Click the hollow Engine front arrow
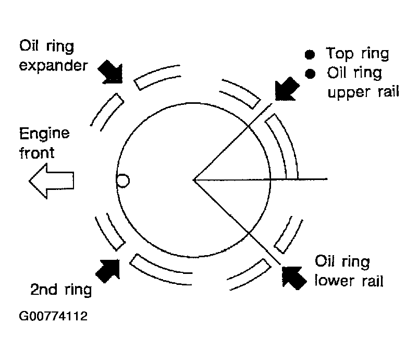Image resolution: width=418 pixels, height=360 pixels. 51,181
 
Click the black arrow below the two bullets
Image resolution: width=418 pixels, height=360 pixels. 287,89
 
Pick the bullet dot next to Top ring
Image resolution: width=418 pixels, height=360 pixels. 310,54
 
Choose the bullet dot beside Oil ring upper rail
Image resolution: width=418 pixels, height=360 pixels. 310,74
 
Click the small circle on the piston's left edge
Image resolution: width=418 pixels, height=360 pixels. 123,181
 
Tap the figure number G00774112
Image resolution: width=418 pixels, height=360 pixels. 53,316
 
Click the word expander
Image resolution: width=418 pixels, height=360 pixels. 53,66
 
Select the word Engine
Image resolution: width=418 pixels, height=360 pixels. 44,134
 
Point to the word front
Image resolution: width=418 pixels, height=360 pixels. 37,153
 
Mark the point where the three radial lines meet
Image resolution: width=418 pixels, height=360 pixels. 194,180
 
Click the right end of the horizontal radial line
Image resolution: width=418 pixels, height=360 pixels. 327,179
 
